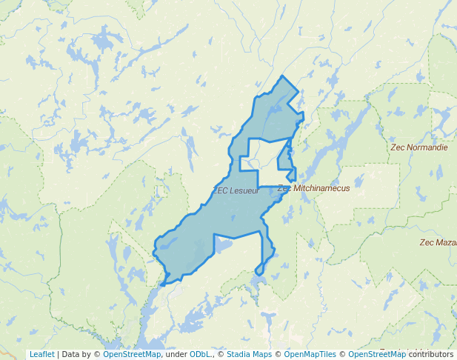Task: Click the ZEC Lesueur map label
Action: tap(236, 190)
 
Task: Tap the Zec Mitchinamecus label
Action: tap(313, 188)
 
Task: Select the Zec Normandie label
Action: tap(419, 147)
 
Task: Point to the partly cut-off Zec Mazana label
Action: tap(438, 242)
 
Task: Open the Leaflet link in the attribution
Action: tap(41, 354)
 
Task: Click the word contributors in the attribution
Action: tap(431, 354)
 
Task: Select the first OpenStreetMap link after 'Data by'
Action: tap(132, 354)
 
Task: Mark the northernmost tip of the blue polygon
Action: tap(282, 76)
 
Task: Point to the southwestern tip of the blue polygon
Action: tap(161, 284)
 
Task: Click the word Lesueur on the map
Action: tap(244, 190)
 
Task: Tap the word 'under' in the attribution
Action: tap(176, 354)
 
